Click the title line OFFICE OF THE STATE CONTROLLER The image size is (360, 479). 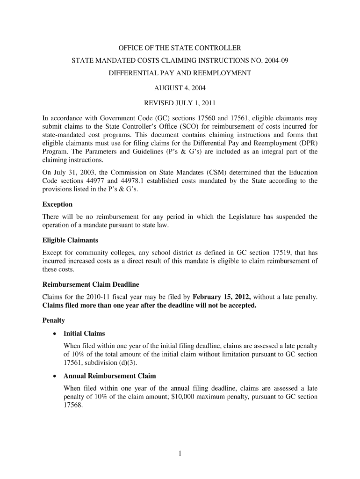click(x=180, y=48)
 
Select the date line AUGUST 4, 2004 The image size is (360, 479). click(x=180, y=87)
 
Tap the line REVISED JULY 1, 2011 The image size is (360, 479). click(x=180, y=102)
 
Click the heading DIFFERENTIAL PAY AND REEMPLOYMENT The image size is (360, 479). click(x=180, y=73)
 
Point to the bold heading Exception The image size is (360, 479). click(x=58, y=204)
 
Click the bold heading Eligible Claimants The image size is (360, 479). click(x=70, y=240)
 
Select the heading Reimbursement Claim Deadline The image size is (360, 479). click(x=91, y=284)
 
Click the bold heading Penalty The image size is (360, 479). click(x=53, y=321)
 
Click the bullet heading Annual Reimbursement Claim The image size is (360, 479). click(x=109, y=376)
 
